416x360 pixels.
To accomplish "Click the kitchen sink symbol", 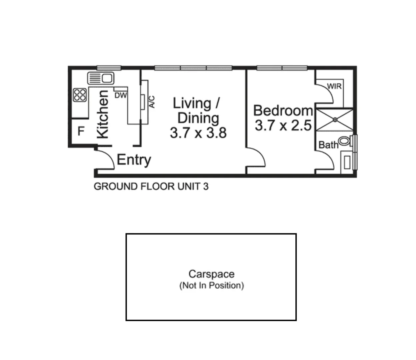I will [101, 78].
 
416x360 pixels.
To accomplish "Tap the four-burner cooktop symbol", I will [80, 95].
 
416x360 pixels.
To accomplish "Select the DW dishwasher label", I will [121, 95].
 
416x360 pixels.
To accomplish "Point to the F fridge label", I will [81, 132].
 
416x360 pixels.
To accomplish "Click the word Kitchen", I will [103, 114].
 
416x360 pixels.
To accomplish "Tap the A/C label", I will [152, 102].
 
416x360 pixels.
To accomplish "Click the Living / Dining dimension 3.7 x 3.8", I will [198, 133].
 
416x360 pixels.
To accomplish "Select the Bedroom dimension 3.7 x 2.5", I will [283, 126].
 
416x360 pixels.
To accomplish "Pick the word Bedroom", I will [283, 110].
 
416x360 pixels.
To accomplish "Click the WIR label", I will [334, 86].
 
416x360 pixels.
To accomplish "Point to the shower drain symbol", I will [335, 119].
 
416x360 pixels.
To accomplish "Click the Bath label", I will [328, 145].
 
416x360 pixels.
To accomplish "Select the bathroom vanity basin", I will [347, 163].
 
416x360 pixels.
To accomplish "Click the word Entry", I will [134, 160].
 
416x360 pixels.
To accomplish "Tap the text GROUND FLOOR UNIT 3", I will [151, 186].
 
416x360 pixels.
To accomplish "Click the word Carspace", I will [211, 274].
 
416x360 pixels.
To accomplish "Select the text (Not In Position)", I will [211, 286].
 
